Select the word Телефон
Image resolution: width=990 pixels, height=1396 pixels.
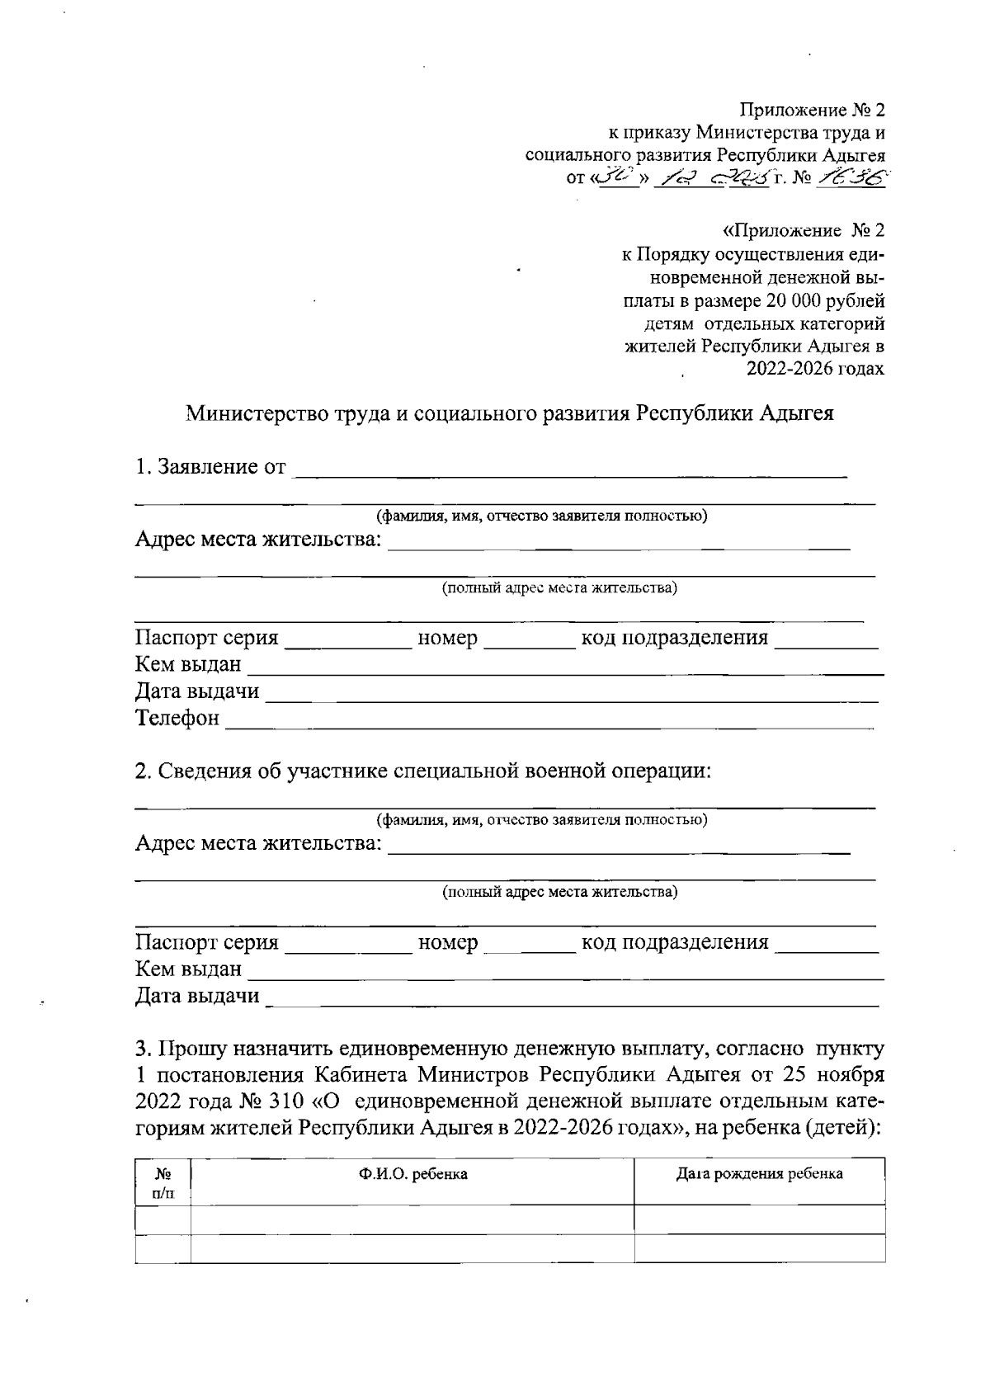[177, 718]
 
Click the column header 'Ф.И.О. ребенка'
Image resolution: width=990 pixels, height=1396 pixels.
[412, 1174]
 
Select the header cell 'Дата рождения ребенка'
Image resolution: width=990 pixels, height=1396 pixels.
[759, 1174]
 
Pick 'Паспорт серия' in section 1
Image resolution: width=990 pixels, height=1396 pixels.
[207, 638]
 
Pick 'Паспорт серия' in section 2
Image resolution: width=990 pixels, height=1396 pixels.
[207, 942]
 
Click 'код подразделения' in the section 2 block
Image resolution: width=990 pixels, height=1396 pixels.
[675, 942]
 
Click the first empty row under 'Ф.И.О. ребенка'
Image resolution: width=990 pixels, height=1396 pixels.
[412, 1219]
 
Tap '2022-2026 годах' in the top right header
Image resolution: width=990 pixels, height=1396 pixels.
[815, 369]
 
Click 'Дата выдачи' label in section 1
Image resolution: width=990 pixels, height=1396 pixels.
[197, 691]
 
